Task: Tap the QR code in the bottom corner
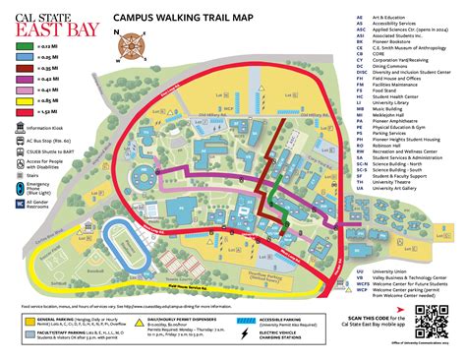tap(430, 321)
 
